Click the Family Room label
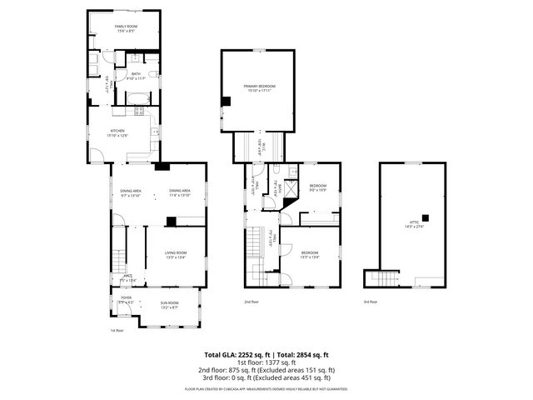tap(125, 29)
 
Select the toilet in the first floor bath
tap(154, 74)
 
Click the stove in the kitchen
tap(139, 110)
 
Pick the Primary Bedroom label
tap(259, 87)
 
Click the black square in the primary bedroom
tap(225, 102)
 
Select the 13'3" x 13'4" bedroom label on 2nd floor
tap(309, 254)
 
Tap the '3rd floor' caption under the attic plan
tap(370, 302)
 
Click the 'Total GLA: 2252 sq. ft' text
tap(232, 354)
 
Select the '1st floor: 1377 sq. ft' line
tap(266, 362)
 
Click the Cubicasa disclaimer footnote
tap(266, 388)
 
